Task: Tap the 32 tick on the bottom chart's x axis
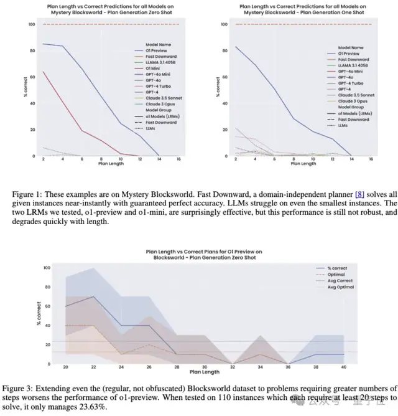pyautogui.click(x=232, y=367)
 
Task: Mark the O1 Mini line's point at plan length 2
pyautogui.click(x=43, y=72)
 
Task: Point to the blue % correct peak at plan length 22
pyautogui.click(x=93, y=296)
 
